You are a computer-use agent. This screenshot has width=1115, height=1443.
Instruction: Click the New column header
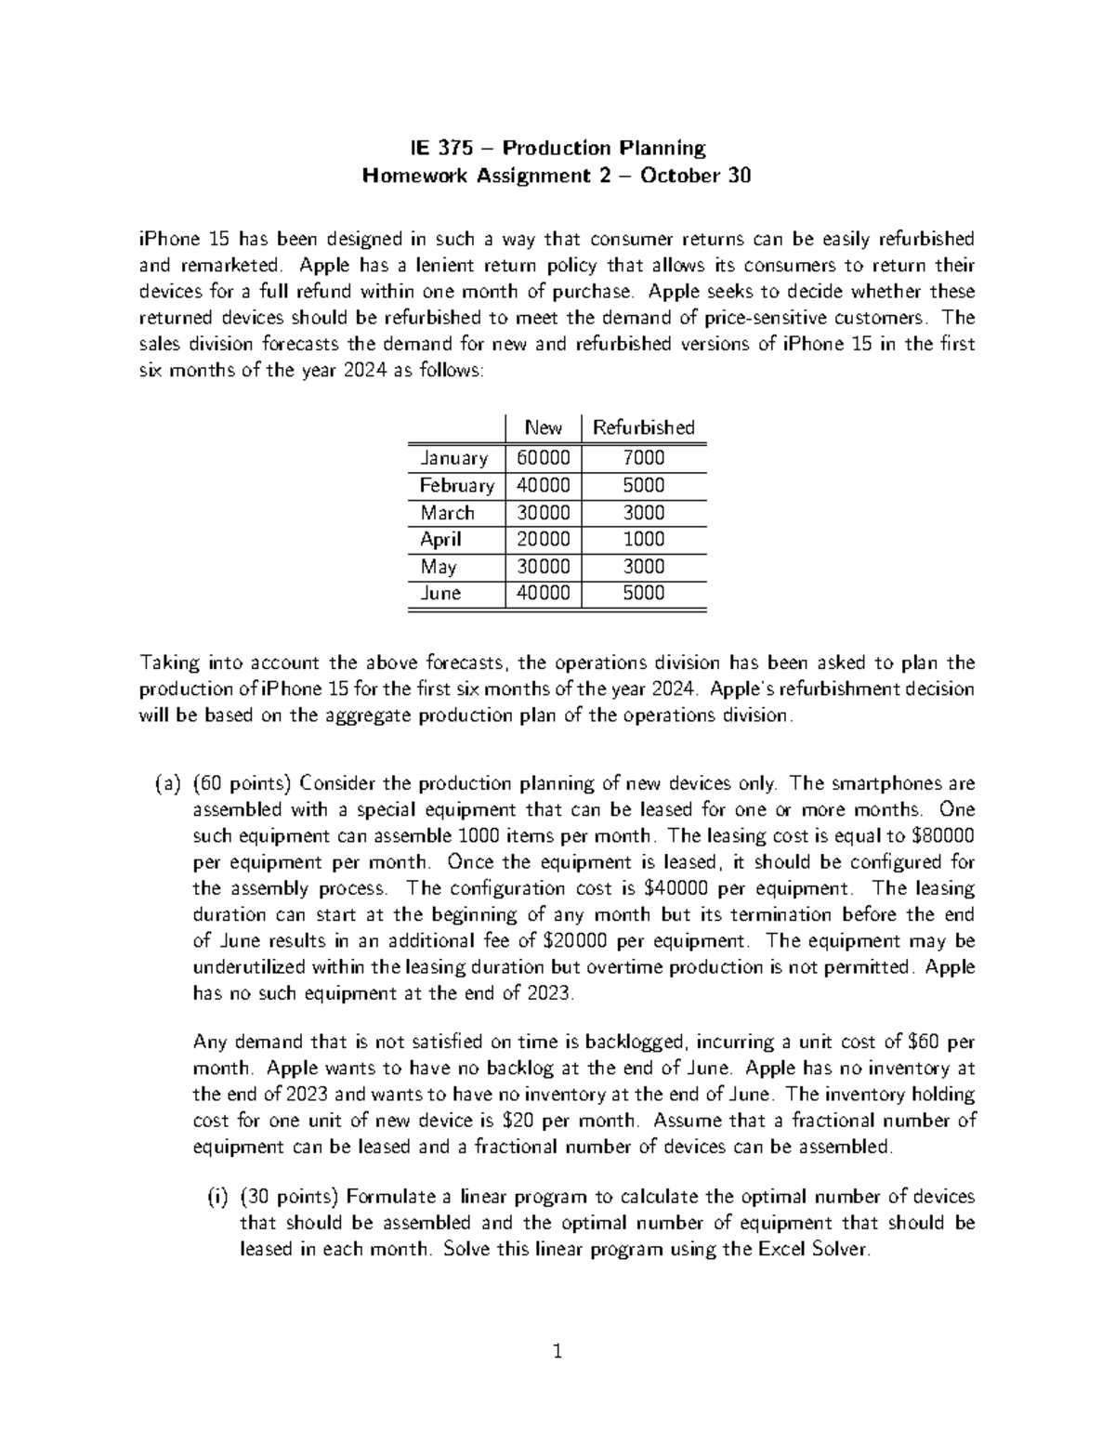(543, 427)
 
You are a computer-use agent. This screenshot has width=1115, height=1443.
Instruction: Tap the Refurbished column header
(643, 427)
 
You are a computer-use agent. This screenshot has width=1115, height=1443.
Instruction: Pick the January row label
(453, 458)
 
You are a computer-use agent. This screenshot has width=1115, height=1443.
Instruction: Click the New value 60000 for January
(543, 458)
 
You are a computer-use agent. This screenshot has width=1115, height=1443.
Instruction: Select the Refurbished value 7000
(643, 458)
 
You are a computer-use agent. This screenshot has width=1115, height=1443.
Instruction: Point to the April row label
(440, 540)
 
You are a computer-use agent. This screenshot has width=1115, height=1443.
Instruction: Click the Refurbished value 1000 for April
(643, 540)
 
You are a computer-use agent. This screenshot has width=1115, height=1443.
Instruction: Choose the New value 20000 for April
(543, 540)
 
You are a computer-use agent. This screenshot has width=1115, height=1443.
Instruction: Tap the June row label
(440, 594)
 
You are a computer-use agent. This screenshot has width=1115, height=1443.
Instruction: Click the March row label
(447, 513)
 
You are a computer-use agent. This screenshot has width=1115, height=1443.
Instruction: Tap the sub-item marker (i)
(216, 1197)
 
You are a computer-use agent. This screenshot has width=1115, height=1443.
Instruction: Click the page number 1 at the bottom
(557, 1351)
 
